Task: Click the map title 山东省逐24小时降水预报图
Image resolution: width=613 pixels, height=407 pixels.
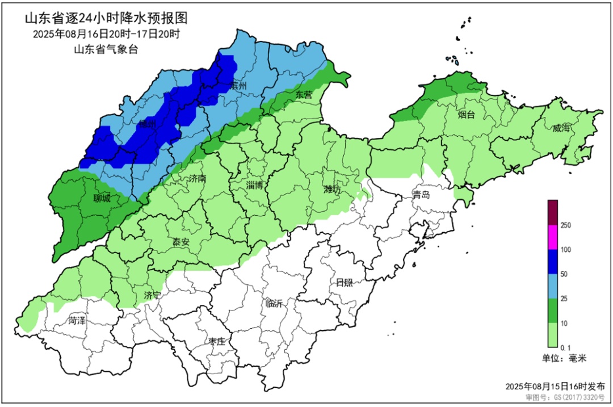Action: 106,18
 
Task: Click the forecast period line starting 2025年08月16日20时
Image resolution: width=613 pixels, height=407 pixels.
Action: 106,34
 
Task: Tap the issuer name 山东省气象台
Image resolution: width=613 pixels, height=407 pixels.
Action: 106,49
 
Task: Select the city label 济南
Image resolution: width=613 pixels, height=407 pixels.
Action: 197,179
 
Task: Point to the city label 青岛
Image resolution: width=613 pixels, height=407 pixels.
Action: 421,195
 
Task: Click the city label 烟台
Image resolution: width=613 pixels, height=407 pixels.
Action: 466,115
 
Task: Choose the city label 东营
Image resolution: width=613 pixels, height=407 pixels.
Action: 304,95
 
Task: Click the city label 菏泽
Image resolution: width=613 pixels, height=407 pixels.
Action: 77,321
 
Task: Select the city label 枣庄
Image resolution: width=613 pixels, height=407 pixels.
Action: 216,341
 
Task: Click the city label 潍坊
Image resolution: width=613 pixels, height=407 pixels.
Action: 331,190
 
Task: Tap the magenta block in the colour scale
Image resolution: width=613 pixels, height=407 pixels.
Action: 553,237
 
